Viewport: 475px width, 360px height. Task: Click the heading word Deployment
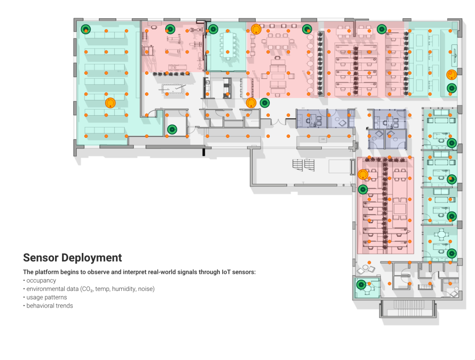pos(91,258)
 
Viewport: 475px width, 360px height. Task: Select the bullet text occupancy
pos(41,280)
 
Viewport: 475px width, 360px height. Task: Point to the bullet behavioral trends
pos(50,305)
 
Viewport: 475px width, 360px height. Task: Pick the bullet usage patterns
pos(46,297)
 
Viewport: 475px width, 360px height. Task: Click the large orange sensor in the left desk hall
pos(110,104)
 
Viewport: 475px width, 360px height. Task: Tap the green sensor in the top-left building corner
pos(86,29)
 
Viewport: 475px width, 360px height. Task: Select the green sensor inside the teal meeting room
pos(213,29)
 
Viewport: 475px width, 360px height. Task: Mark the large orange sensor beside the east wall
pos(451,75)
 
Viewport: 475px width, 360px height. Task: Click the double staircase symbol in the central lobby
pos(302,165)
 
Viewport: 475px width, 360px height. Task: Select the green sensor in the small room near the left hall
pos(172,129)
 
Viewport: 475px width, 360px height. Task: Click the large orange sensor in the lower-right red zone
pos(362,175)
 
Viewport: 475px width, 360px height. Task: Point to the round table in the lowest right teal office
pos(443,234)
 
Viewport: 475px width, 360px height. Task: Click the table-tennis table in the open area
pos(174,89)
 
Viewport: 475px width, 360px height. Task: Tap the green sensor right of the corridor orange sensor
pos(264,103)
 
